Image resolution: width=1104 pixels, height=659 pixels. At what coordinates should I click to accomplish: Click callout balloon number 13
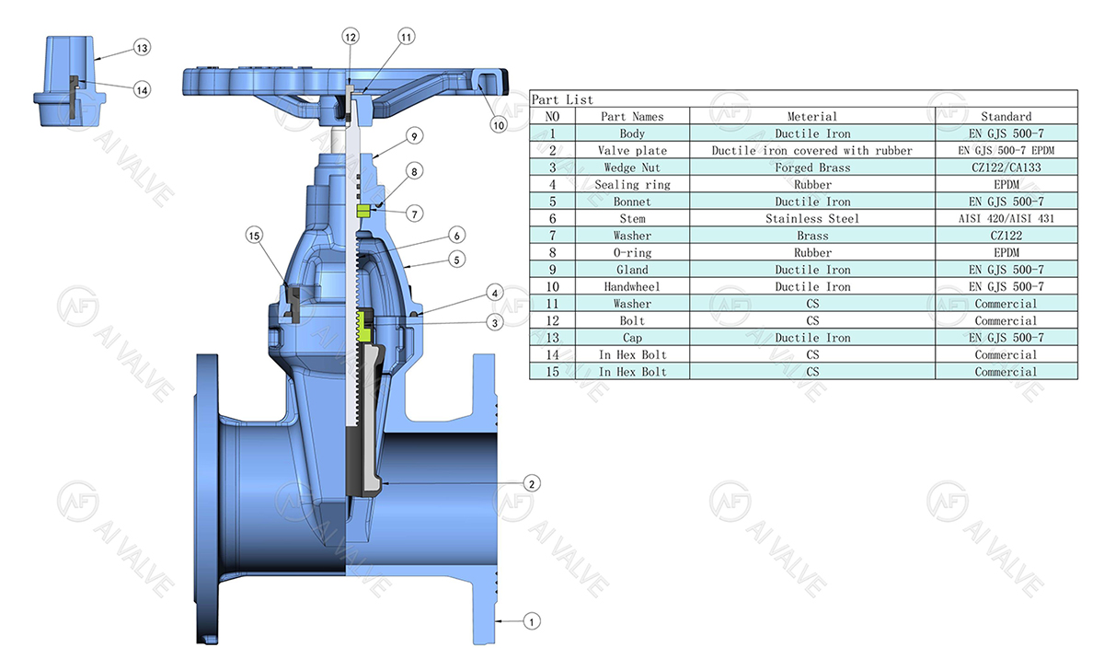[x=141, y=46]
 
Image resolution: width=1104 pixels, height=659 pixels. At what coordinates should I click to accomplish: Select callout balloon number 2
[x=531, y=482]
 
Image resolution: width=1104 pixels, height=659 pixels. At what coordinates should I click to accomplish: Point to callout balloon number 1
[x=531, y=621]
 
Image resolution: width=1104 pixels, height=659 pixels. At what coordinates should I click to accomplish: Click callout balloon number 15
[x=255, y=236]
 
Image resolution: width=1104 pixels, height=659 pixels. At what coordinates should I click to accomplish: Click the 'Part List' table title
[x=563, y=99]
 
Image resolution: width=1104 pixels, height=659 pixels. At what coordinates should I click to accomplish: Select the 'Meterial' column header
[x=812, y=116]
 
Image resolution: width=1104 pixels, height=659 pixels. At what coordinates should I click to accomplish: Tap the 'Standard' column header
[x=1006, y=116]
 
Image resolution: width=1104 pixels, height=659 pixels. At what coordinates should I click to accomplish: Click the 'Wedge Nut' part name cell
[x=632, y=168]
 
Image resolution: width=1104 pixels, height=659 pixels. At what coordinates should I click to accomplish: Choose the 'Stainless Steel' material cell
[x=812, y=218]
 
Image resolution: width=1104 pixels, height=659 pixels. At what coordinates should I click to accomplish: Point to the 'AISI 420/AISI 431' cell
[x=1006, y=218]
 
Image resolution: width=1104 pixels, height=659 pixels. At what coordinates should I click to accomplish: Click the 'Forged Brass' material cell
[x=812, y=168]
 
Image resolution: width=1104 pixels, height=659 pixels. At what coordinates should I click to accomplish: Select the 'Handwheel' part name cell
[x=632, y=286]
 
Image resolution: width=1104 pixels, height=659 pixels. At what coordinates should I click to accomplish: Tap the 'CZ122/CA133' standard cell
[x=1006, y=168]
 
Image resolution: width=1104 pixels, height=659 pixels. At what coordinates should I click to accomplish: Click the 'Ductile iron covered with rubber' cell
[x=812, y=150]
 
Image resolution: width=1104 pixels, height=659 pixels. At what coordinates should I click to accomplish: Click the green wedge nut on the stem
[x=363, y=321]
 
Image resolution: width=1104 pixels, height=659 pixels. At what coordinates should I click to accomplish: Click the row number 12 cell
[x=552, y=320]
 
